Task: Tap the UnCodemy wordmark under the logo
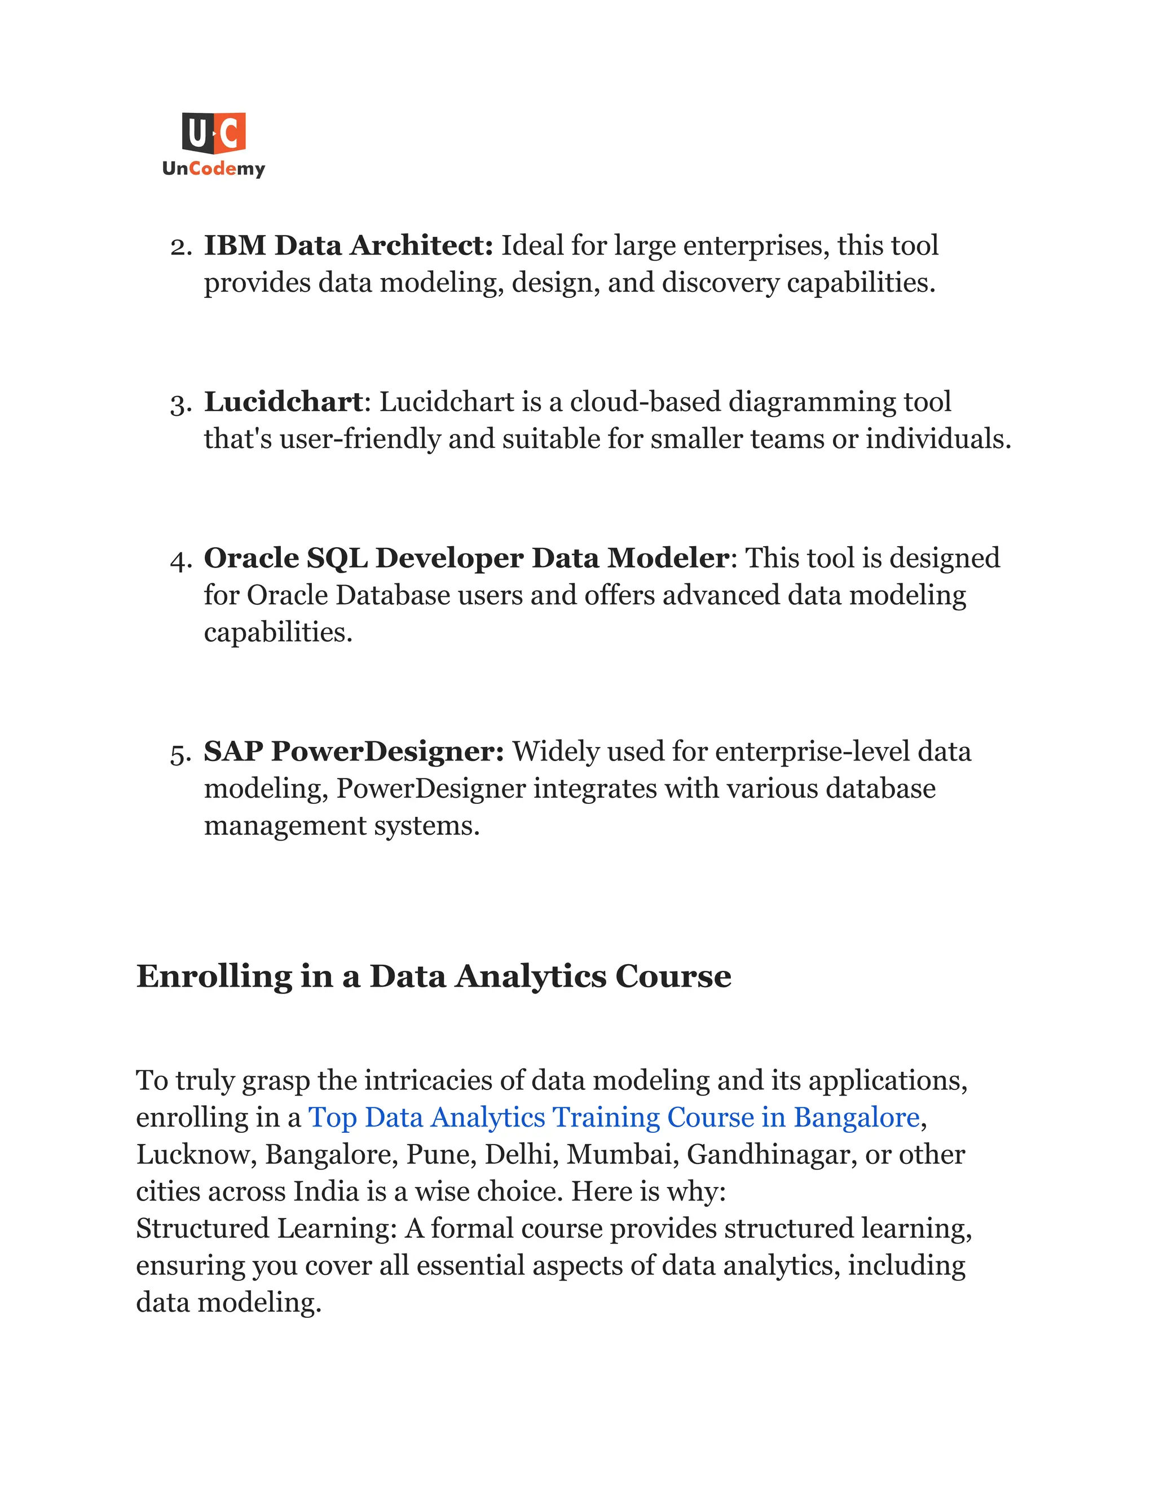pos(214,168)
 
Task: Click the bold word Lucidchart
pos(283,402)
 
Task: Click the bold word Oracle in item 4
pos(251,558)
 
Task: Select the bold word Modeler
pos(668,558)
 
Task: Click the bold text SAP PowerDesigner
pos(354,751)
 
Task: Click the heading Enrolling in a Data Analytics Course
pos(434,976)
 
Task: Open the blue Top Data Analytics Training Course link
pos(614,1117)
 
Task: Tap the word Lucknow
pos(196,1154)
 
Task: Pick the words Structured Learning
pos(266,1228)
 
